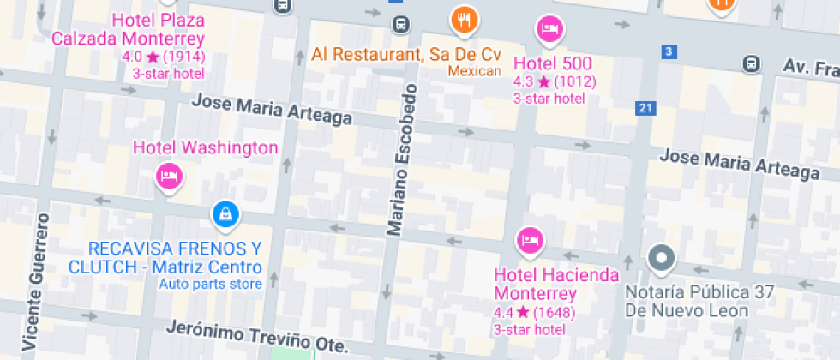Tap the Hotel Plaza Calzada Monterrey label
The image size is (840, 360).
tap(128, 30)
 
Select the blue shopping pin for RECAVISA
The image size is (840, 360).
tap(225, 214)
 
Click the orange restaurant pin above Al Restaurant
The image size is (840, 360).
tap(464, 19)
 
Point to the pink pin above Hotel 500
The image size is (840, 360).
tap(549, 30)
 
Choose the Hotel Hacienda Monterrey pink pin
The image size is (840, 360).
tap(530, 240)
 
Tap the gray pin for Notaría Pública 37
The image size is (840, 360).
tap(662, 257)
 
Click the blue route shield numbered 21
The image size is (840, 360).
tap(645, 108)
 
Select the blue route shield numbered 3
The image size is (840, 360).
tap(669, 51)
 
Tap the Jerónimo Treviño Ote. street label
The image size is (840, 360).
tap(257, 336)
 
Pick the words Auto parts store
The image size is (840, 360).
tap(210, 284)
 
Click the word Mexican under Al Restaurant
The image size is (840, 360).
tap(474, 71)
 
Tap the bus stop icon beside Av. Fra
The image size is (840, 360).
tap(751, 64)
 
